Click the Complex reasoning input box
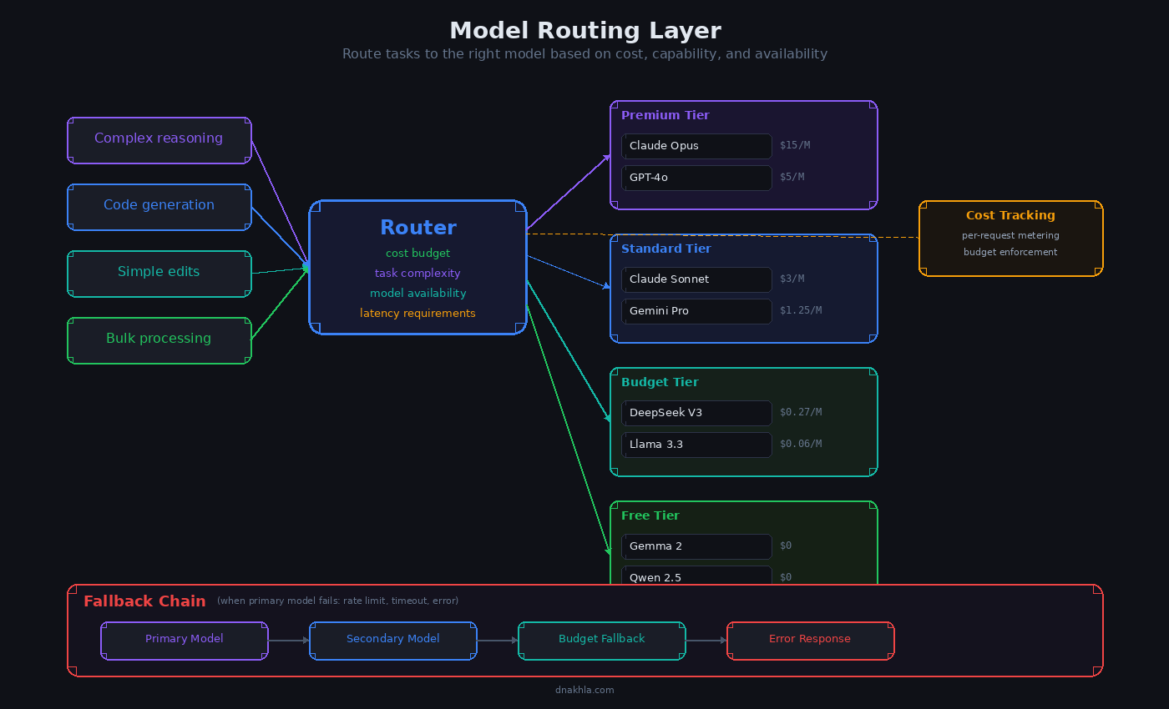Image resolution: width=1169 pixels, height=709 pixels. [x=159, y=139]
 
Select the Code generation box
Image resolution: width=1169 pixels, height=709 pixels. [x=159, y=206]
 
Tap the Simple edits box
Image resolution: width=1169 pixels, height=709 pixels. [x=159, y=273]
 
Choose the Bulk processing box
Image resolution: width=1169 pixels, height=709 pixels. [x=159, y=339]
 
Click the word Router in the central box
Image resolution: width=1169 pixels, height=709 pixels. [x=417, y=228]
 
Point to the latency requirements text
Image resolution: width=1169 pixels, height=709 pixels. [x=417, y=314]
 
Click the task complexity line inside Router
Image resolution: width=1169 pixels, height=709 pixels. [x=417, y=274]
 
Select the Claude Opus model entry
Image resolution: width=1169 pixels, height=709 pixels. [x=696, y=146]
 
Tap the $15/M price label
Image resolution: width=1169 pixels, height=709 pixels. [x=794, y=145]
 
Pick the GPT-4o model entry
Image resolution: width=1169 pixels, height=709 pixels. [x=696, y=178]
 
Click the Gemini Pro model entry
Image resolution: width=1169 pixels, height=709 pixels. [x=696, y=311]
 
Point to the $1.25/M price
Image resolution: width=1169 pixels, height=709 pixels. [x=800, y=310]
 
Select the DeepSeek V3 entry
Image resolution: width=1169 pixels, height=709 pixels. [x=696, y=413]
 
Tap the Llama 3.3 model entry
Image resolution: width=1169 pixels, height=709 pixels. [x=696, y=445]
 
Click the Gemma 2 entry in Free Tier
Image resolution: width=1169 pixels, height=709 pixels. [x=696, y=546]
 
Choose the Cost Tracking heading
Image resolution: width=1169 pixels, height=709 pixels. [x=1010, y=215]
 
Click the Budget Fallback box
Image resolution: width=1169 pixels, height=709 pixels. [x=601, y=640]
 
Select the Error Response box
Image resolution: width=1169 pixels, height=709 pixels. [x=810, y=640]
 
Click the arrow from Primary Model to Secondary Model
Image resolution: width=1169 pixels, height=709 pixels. [x=288, y=641]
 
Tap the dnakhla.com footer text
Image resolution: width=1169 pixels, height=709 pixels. [x=584, y=690]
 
